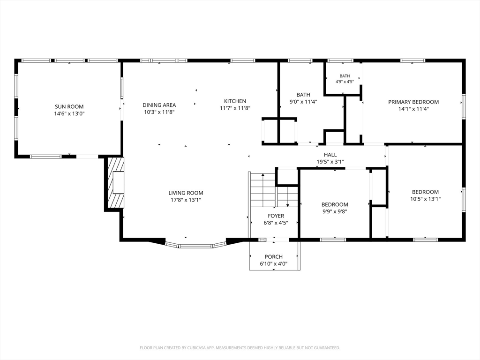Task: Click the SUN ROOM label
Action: point(69,106)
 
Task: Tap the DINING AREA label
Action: point(159,105)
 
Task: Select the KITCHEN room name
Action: point(235,101)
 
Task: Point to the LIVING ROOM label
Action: point(186,193)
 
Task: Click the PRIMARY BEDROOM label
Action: point(413,102)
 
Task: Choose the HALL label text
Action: point(330,155)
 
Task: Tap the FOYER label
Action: point(276,216)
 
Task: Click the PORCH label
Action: point(274,257)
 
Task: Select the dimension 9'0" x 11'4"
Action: point(303,102)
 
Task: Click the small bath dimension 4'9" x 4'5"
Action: point(345,82)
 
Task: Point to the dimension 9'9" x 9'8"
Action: point(335,211)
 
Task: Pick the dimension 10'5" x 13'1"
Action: point(426,199)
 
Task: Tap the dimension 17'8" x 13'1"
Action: point(186,200)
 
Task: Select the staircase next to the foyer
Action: point(274,190)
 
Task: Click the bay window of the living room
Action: point(196,245)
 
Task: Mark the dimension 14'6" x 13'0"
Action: point(69,113)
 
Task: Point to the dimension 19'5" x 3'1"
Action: point(330,162)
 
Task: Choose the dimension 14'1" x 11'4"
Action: point(413,109)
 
